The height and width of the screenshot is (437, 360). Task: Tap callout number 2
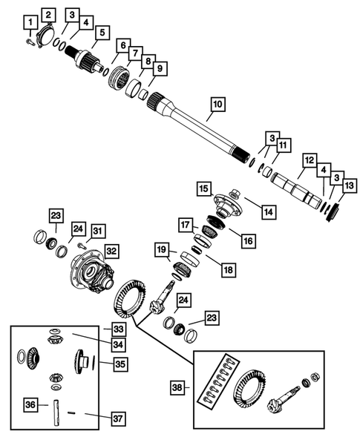50,15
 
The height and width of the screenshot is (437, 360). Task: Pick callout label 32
111,250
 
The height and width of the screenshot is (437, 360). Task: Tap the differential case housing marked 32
90,272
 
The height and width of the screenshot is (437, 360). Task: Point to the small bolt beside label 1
27,42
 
